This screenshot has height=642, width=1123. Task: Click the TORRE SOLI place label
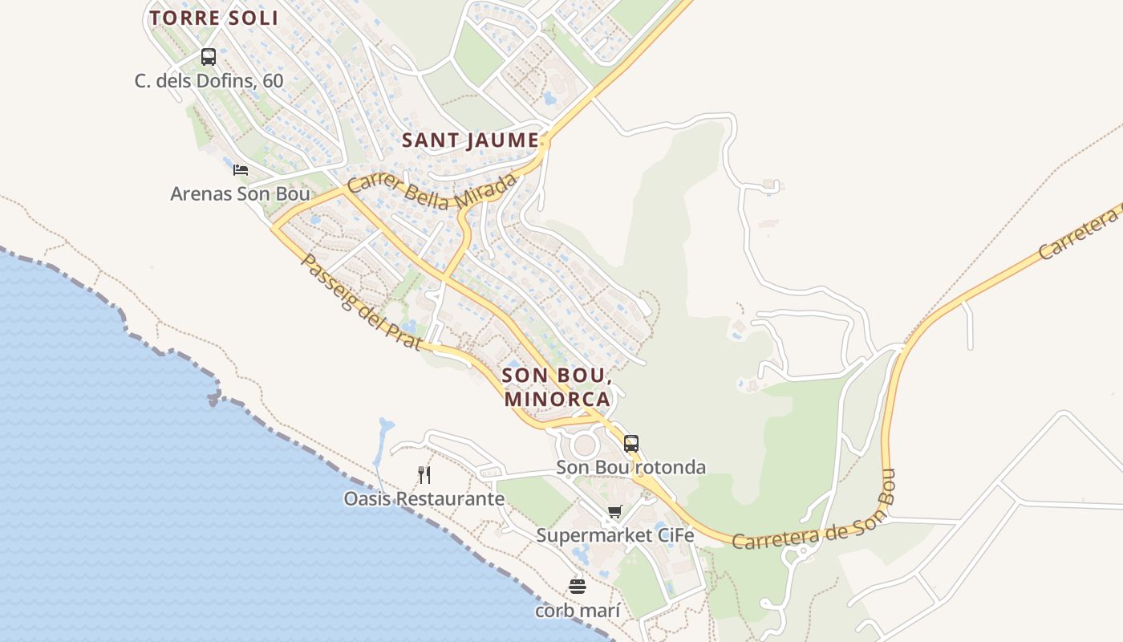point(213,18)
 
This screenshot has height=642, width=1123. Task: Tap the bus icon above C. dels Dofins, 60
point(209,57)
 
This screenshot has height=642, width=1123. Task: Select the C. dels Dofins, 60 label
point(209,81)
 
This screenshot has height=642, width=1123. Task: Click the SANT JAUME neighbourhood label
point(470,140)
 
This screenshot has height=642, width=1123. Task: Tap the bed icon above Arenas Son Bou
point(240,169)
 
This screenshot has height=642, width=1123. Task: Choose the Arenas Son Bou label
point(240,193)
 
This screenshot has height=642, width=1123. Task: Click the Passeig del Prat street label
point(361,301)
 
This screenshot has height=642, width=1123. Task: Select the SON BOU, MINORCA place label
point(557,386)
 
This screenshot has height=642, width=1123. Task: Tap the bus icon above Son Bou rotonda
point(631,443)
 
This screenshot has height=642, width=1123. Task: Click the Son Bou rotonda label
point(631,467)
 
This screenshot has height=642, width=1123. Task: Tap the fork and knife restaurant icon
point(424,475)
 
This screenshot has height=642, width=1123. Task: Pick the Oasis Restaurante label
point(424,499)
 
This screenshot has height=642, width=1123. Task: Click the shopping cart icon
point(614,511)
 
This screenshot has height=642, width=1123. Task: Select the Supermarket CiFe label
point(614,535)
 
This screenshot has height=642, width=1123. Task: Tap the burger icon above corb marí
point(578,586)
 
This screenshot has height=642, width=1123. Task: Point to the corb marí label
point(578,611)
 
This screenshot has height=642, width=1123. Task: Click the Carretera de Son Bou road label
point(812,526)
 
